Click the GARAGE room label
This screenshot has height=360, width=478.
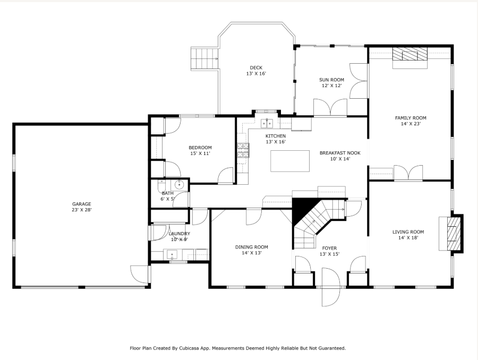click(81, 204)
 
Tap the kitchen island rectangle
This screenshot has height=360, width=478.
click(290, 161)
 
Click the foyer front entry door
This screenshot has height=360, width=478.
click(331, 287)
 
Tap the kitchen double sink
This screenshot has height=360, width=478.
click(267, 124)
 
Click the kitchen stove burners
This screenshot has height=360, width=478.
click(243, 150)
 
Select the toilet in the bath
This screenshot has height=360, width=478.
click(161, 185)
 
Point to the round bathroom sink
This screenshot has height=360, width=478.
click(180, 184)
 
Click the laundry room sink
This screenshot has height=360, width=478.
click(172, 254)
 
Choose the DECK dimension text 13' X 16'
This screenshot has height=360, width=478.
click(256, 73)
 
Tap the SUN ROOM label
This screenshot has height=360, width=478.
click(331, 80)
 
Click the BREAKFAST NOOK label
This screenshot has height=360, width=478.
click(340, 153)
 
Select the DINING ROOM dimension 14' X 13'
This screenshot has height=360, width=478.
click(252, 253)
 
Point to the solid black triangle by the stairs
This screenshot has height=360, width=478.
click(302, 209)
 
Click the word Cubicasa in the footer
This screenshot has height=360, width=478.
click(189, 348)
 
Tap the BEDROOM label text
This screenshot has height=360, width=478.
click(200, 148)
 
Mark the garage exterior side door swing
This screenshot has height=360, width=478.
click(139, 274)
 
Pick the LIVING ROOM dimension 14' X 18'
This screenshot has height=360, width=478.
click(408, 238)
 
